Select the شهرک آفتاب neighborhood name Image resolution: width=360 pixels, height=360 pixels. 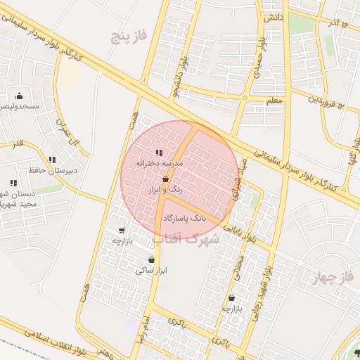click(x=186, y=238)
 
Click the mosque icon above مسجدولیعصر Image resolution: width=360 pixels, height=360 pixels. click(x=19, y=96)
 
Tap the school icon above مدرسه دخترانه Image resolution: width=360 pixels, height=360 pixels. click(x=159, y=153)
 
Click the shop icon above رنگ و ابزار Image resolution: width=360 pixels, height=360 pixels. click(x=165, y=180)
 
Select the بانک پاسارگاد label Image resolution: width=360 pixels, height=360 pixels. click(x=186, y=219)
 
